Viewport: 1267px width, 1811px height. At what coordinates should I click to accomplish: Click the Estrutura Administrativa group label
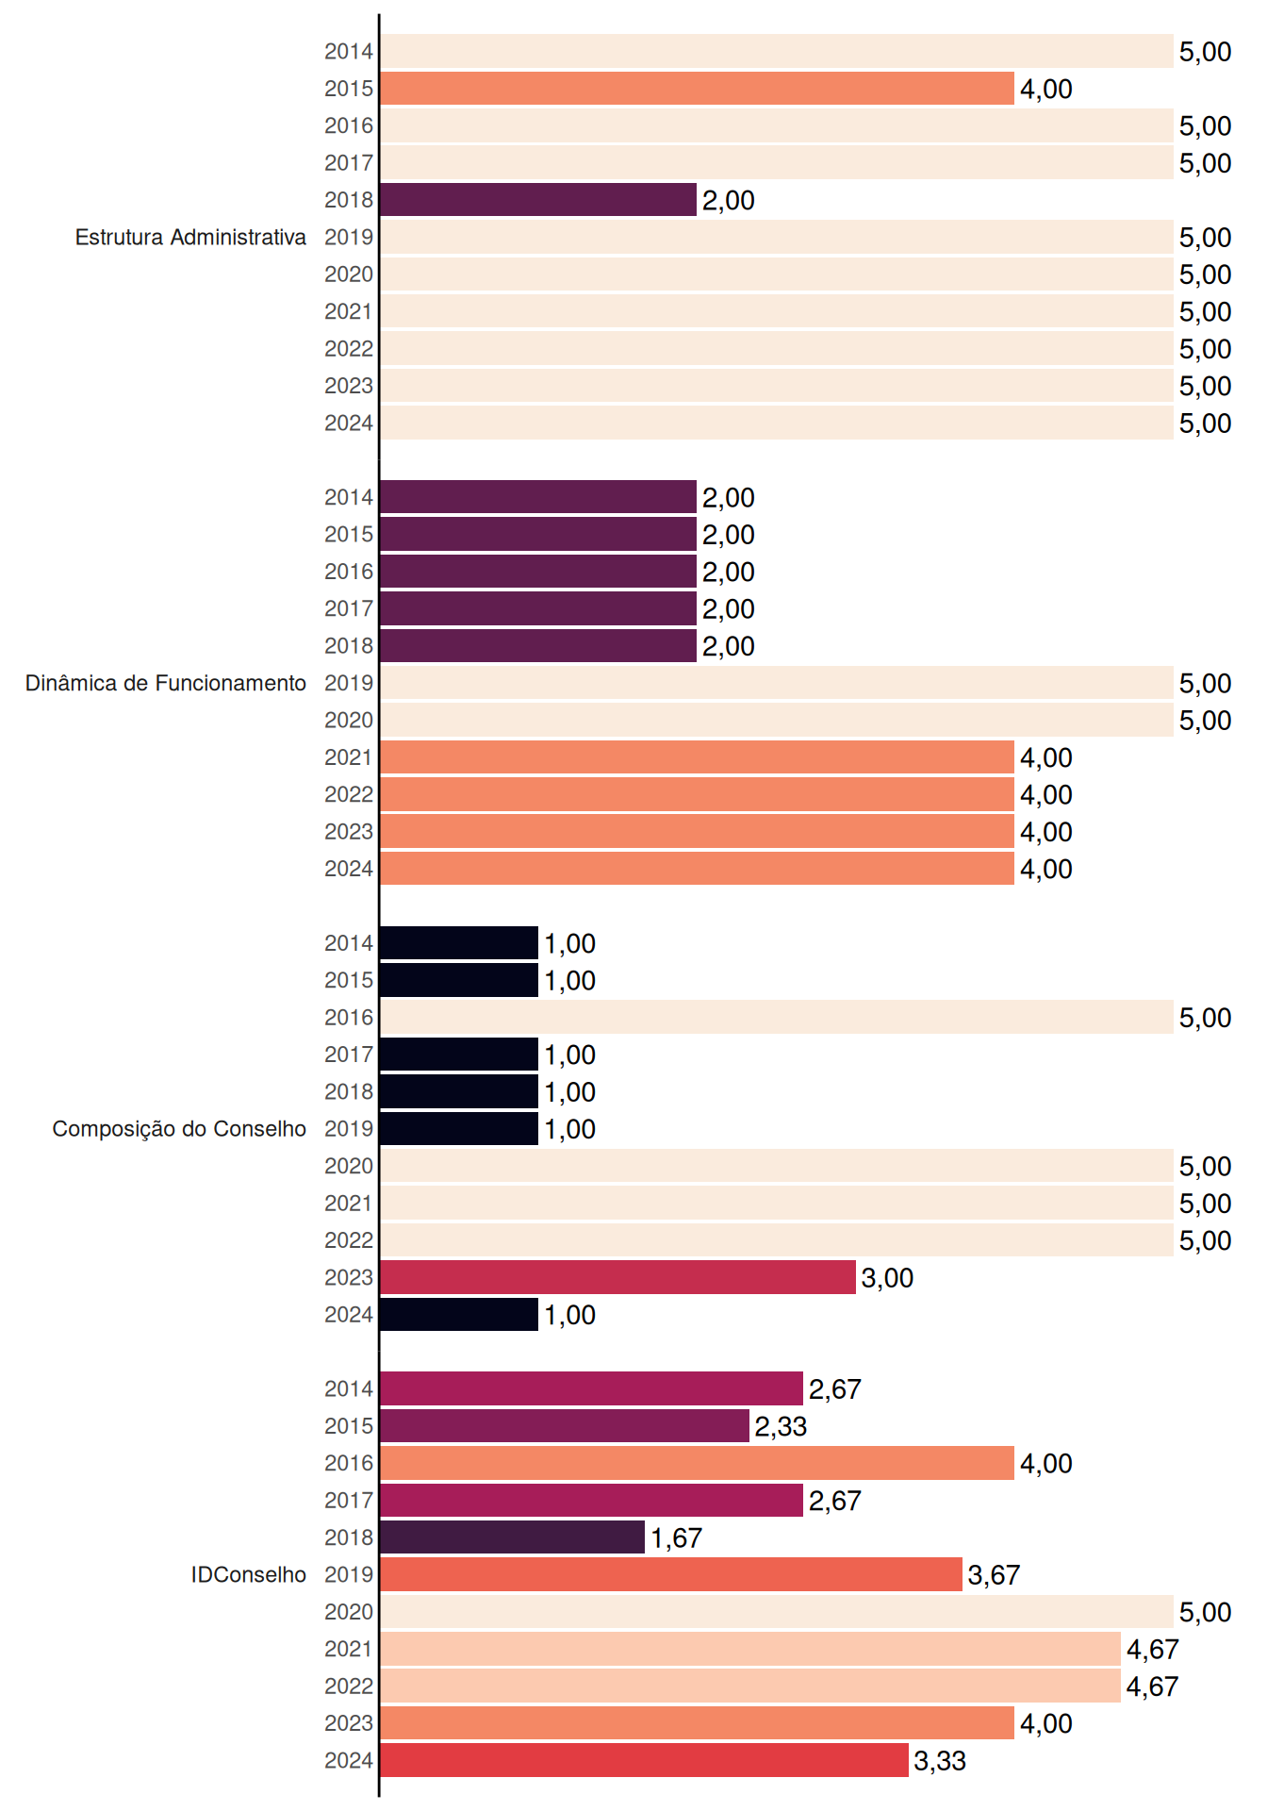point(190,237)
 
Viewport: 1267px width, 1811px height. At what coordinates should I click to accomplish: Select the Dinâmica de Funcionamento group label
point(166,683)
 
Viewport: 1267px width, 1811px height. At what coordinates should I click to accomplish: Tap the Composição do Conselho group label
point(179,1129)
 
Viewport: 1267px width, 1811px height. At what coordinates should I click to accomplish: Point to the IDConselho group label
point(249,1574)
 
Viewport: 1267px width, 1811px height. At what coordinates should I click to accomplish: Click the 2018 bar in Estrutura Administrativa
point(538,200)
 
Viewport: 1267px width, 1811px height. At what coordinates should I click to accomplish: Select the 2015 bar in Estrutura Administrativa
point(697,89)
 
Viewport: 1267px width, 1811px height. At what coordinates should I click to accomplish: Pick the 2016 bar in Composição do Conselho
point(777,1017)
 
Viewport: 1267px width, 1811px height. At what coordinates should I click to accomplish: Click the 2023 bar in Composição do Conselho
point(617,1277)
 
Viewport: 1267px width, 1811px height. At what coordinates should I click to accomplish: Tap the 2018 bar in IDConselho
point(512,1537)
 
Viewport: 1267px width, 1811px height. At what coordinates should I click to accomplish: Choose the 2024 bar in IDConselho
point(644,1760)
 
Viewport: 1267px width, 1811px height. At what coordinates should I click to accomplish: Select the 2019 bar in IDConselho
point(671,1574)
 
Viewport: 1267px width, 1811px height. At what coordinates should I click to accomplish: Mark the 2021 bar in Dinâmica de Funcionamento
point(697,757)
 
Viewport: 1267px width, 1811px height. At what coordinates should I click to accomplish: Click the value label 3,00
point(887,1278)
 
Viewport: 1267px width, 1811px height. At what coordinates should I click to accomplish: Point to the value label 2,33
point(781,1426)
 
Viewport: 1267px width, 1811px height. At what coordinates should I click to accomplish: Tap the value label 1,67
point(676,1538)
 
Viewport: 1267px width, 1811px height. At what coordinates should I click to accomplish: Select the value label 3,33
point(940,1761)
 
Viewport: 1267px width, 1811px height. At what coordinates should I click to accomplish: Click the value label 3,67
point(994,1575)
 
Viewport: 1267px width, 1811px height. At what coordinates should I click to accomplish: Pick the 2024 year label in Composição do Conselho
point(349,1315)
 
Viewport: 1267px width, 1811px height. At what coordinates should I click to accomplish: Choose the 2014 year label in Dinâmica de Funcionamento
point(349,497)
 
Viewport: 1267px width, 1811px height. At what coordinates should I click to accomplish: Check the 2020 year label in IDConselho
point(349,1612)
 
